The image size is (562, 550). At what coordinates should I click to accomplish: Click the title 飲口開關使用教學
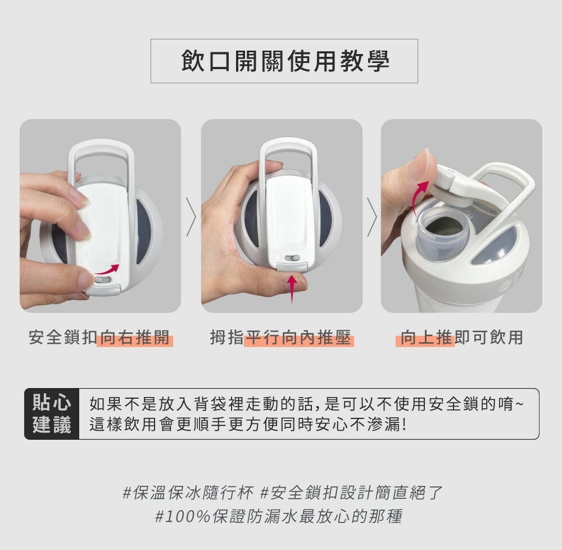click(285, 61)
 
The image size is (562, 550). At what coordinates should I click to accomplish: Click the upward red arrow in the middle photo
click(292, 288)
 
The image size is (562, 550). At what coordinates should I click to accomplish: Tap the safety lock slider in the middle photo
click(292, 258)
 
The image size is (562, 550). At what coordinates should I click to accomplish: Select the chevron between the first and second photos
click(192, 217)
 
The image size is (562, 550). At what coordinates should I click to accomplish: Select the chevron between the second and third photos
click(372, 217)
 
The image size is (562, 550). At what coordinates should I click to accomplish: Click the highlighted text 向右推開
click(135, 338)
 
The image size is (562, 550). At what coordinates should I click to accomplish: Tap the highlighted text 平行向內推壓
click(298, 338)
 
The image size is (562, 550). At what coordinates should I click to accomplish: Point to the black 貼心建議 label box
click(52, 414)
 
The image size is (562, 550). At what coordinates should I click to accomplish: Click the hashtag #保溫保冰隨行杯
click(188, 493)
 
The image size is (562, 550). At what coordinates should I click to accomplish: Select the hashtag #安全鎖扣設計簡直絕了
click(351, 493)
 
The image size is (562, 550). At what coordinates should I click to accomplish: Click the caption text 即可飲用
click(489, 338)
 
